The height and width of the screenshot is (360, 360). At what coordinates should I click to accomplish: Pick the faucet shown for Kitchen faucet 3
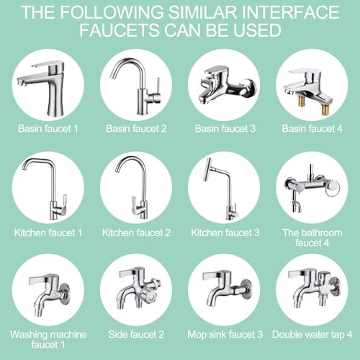[223, 189]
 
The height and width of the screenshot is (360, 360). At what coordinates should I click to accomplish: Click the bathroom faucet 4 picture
[311, 189]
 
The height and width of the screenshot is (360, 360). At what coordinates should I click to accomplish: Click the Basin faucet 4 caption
[311, 130]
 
